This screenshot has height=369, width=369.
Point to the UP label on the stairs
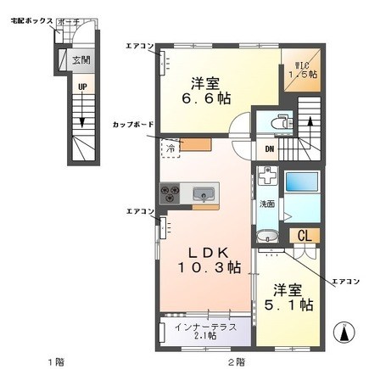click(81, 87)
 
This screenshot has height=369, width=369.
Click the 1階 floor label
click(56, 361)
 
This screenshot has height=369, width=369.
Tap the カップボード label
click(133, 125)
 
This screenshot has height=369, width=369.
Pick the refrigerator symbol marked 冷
click(171, 148)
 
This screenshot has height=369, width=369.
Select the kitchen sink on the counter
click(204, 195)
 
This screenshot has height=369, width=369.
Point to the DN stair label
click(270, 150)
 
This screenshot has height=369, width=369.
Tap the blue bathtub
click(300, 183)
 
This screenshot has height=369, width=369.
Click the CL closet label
click(302, 237)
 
